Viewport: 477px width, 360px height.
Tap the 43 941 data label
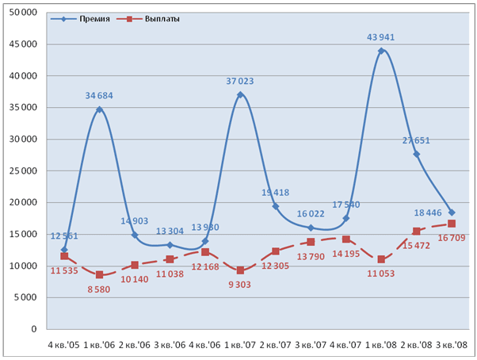pyautogui.click(x=381, y=37)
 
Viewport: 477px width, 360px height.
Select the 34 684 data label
pyautogui.click(x=99, y=96)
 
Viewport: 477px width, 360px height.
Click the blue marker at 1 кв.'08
pyautogui.click(x=381, y=51)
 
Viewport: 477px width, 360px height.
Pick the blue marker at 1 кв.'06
pyautogui.click(x=99, y=109)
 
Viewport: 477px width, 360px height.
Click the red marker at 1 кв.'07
pyautogui.click(x=240, y=270)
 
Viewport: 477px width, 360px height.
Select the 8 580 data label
pyautogui.click(x=99, y=288)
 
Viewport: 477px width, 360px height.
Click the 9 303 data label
pyautogui.click(x=240, y=284)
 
